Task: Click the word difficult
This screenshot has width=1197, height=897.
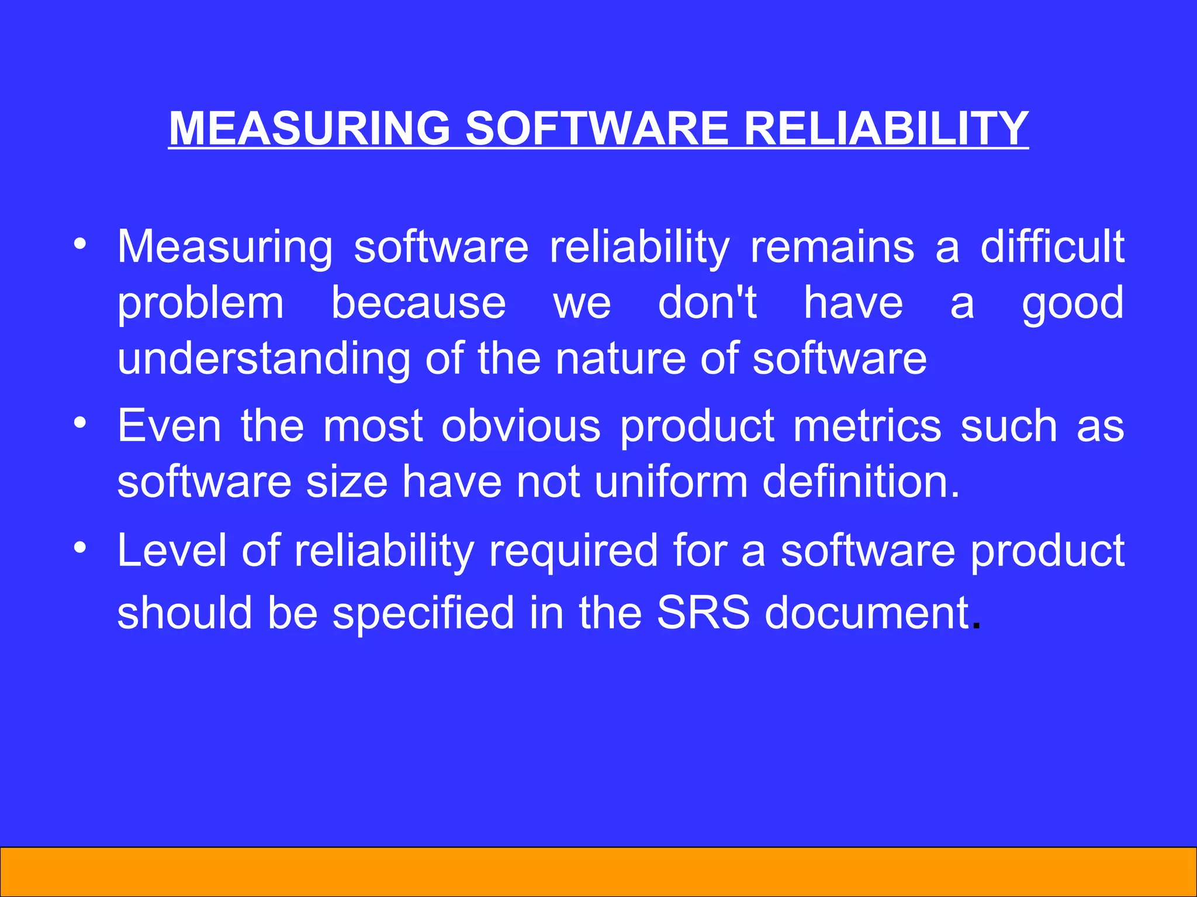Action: tap(1052, 246)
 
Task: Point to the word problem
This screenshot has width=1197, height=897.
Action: tap(200, 304)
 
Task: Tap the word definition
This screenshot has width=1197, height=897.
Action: tap(861, 482)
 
